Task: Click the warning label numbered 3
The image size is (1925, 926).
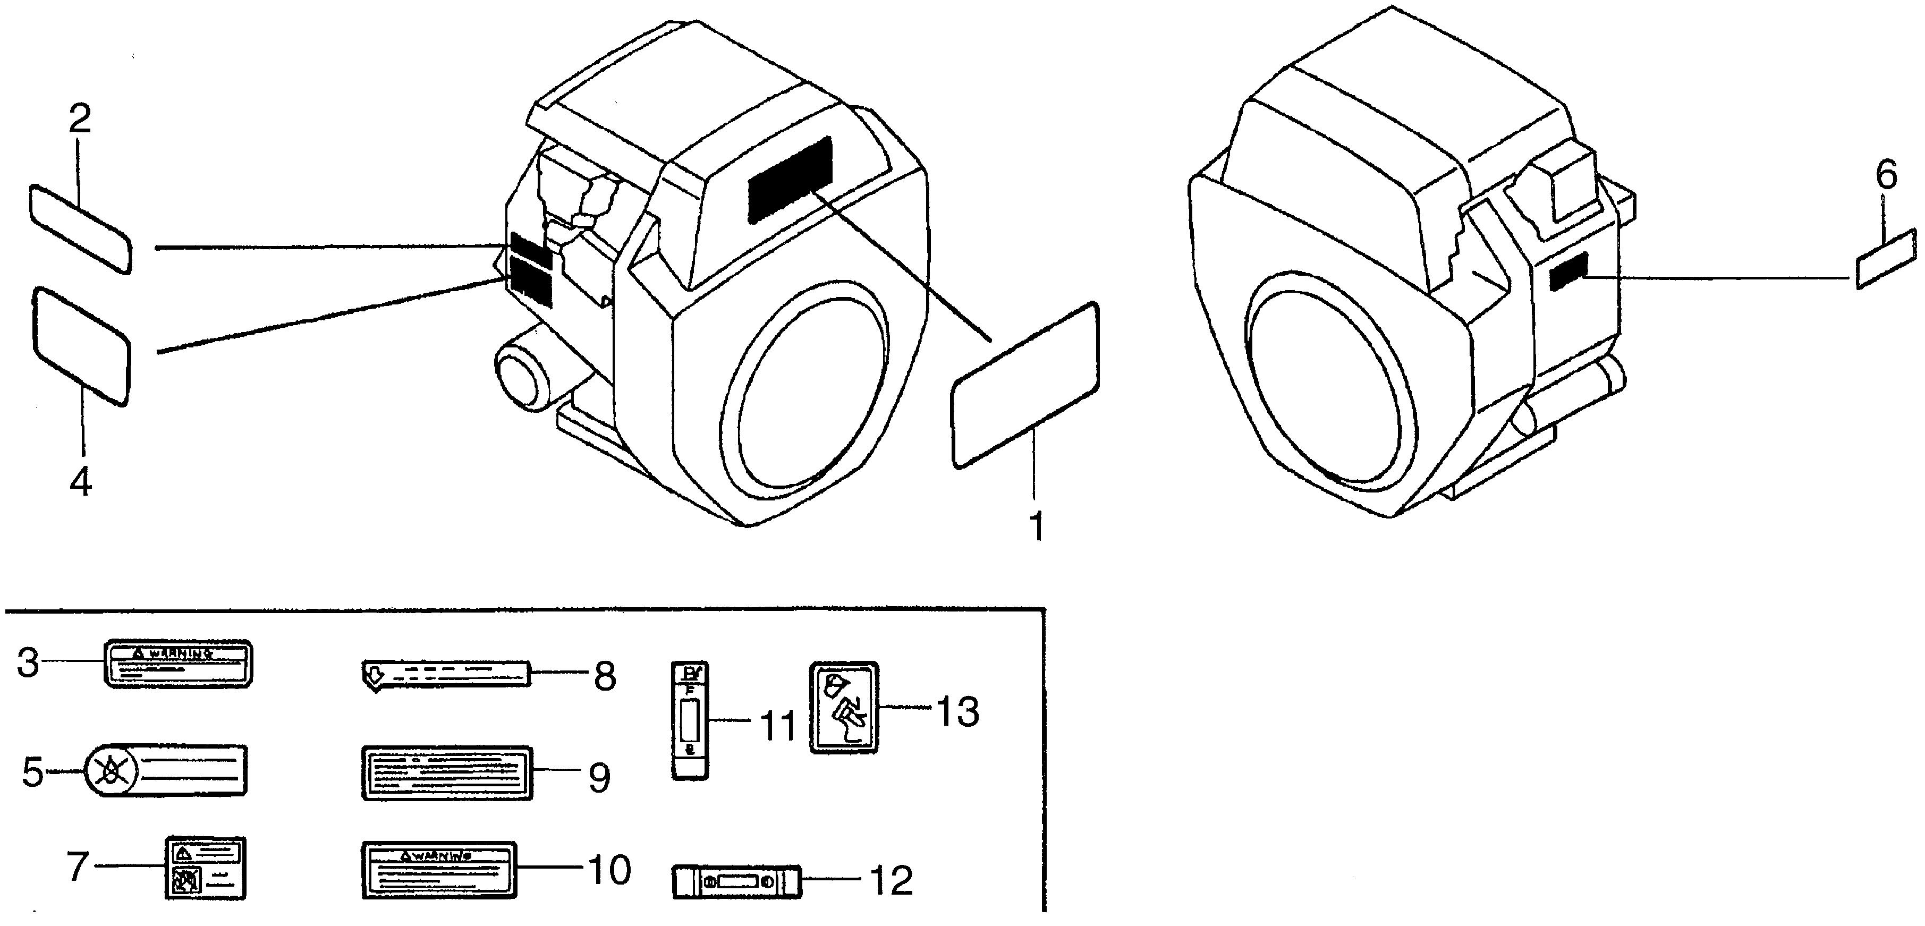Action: (x=177, y=663)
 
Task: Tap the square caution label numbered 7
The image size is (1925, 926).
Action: (x=204, y=868)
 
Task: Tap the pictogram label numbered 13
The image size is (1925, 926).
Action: (x=844, y=706)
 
